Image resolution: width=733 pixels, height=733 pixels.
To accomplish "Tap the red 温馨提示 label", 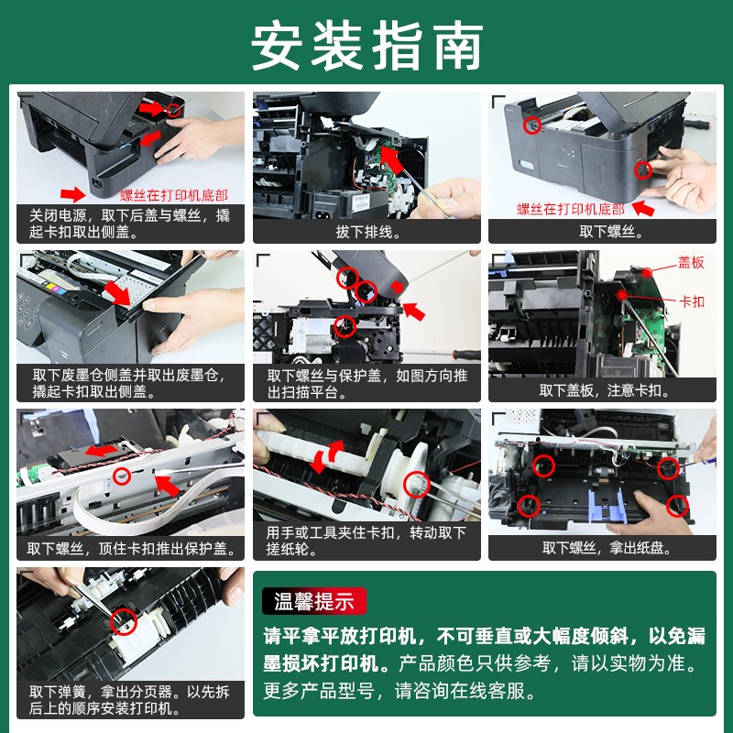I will (314, 601).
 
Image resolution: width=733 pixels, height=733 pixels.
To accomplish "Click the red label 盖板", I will (691, 263).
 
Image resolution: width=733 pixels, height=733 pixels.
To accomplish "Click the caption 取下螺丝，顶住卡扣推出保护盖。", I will (131, 549).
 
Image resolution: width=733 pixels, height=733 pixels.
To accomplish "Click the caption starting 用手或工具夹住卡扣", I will (366, 541).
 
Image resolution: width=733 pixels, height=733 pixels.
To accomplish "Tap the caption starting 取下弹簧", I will (129, 699).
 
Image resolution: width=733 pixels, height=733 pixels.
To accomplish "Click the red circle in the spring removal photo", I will (121, 622).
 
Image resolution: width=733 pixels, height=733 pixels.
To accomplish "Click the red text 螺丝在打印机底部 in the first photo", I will (174, 194).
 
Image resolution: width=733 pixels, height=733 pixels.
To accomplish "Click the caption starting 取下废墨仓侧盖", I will (129, 382).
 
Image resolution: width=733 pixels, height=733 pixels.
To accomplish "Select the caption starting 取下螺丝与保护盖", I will (366, 382).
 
